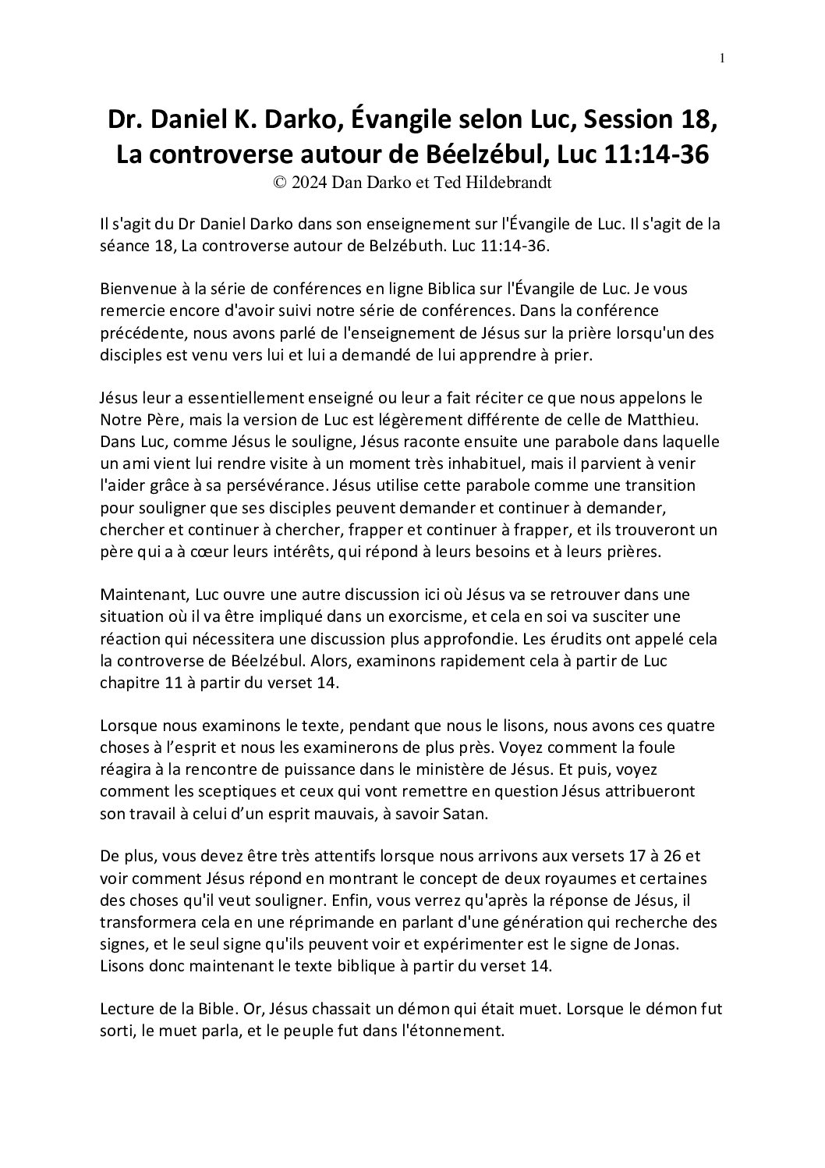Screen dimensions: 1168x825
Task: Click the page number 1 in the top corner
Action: [723, 58]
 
